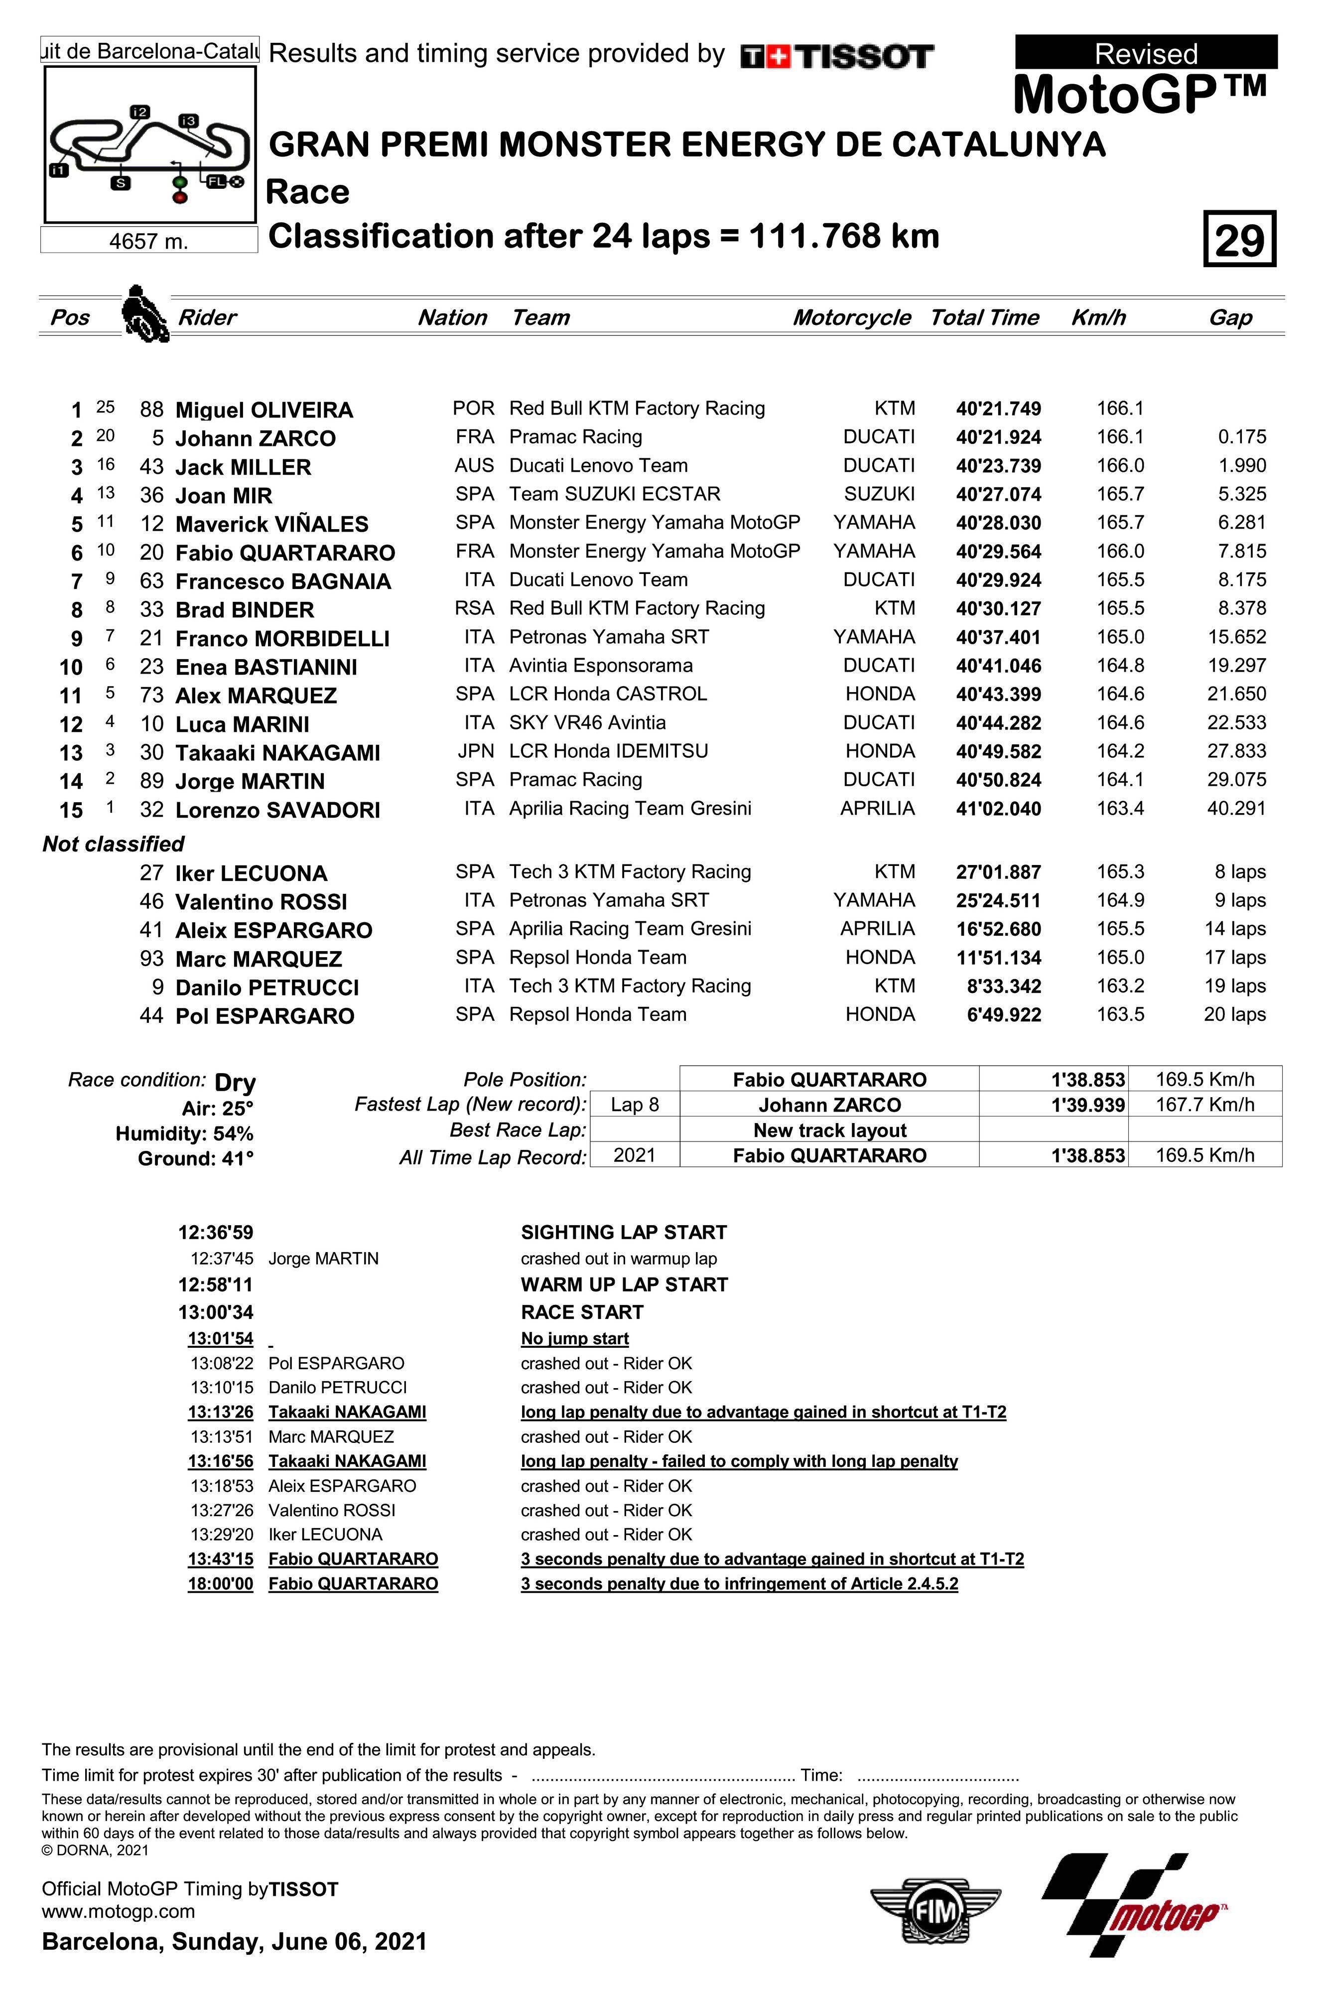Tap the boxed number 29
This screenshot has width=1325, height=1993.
(x=1239, y=240)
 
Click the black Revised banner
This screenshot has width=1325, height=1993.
(x=1146, y=52)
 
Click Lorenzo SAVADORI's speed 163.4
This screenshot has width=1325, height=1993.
(x=1120, y=808)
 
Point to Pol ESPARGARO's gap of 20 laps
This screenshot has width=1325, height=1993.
(x=1234, y=1014)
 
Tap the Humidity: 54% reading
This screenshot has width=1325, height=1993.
(x=184, y=1134)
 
